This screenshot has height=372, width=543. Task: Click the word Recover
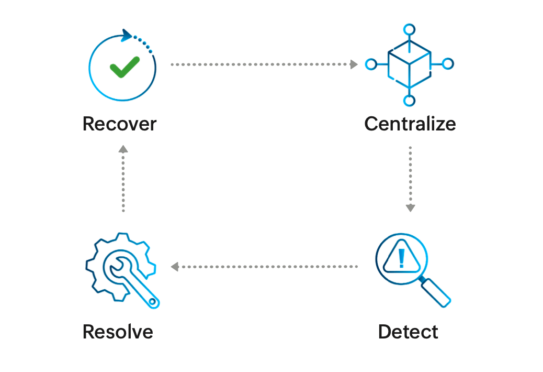[x=119, y=124]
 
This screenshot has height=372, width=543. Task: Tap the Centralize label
[x=410, y=124]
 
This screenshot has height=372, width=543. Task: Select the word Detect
[x=408, y=332]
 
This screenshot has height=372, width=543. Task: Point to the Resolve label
[x=118, y=332]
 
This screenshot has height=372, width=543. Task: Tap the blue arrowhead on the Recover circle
[x=126, y=35]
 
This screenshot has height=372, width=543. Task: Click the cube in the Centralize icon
[x=409, y=63]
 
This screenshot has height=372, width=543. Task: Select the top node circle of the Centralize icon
[x=409, y=29]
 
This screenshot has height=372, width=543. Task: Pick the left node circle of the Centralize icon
[x=371, y=64]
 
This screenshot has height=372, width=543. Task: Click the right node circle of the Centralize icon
[x=448, y=64]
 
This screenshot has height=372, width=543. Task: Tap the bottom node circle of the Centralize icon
[x=410, y=100]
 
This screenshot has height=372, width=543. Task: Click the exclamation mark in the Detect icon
[x=401, y=258]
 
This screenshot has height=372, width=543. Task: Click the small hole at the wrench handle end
[x=152, y=301]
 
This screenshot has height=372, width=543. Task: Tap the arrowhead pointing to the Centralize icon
[x=354, y=64]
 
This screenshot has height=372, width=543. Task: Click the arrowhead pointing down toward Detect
[x=410, y=208]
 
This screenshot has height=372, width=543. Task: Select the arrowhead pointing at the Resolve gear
[x=175, y=267]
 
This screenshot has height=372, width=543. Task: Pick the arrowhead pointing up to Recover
[x=123, y=149]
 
